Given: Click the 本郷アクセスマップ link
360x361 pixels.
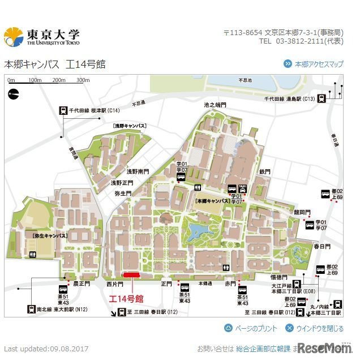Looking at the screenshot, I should [x=319, y=65].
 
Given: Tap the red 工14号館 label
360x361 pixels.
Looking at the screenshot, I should [x=126, y=298].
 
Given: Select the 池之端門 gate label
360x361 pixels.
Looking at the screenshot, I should [x=215, y=105].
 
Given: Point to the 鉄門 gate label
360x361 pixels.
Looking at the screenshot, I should [x=265, y=171].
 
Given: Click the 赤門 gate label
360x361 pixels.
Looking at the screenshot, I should [x=230, y=283].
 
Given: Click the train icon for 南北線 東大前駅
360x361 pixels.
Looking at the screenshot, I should [x=31, y=309].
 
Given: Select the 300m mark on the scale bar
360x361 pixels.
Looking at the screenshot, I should [x=83, y=80].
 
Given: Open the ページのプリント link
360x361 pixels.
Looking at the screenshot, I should [x=251, y=328].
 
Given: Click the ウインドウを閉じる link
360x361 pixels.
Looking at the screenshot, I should [x=314, y=328].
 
